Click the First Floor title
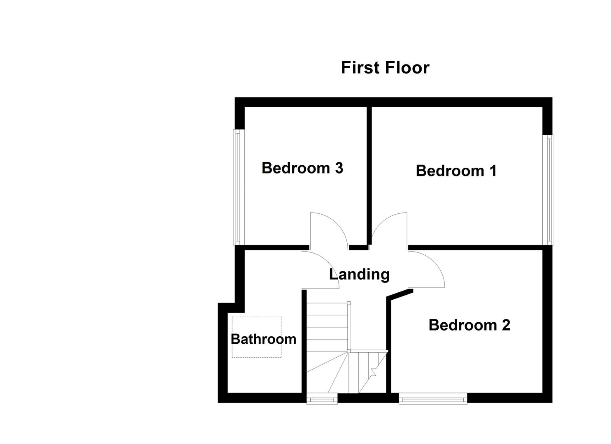pyautogui.click(x=385, y=68)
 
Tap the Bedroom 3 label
pyautogui.click(x=302, y=168)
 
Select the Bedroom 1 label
pyautogui.click(x=456, y=171)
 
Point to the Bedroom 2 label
pyautogui.click(x=469, y=325)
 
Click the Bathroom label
pyautogui.click(x=263, y=339)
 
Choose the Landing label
pyautogui.click(x=359, y=274)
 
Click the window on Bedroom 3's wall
pyautogui.click(x=237, y=187)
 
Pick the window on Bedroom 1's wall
pyautogui.click(x=550, y=190)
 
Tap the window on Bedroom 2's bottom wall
pyautogui.click(x=433, y=398)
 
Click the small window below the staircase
pyautogui.click(x=322, y=398)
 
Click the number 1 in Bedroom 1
pyautogui.click(x=493, y=171)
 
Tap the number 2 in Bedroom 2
pyautogui.click(x=506, y=325)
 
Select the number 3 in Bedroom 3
pyautogui.click(x=339, y=168)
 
